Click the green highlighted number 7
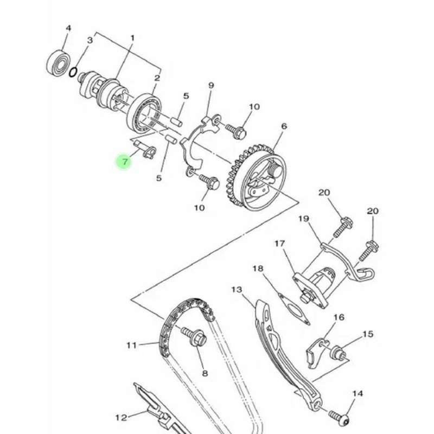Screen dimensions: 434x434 point(125,161)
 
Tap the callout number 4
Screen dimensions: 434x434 point(68,28)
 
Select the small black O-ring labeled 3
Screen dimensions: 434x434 point(73,72)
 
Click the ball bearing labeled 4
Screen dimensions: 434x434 point(58,63)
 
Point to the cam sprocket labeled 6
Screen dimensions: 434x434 point(256,177)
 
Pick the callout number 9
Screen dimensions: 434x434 point(211,85)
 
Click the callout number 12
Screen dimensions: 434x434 point(121,417)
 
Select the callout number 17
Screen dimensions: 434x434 point(279,244)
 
